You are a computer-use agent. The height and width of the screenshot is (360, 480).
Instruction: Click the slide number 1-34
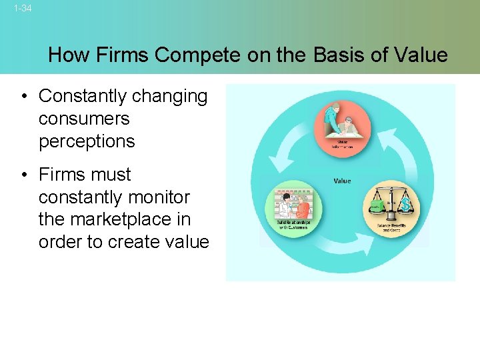22,9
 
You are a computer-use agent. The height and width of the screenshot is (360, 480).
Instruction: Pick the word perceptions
87,141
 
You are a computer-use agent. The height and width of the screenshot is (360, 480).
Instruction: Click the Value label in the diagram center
341,181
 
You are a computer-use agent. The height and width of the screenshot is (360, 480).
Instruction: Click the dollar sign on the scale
406,205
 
